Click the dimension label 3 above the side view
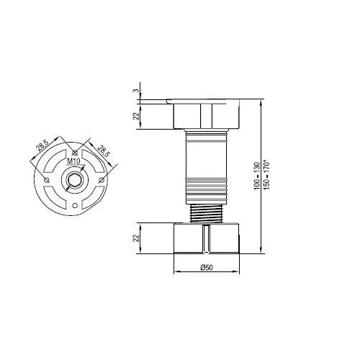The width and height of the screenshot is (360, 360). click(136, 91)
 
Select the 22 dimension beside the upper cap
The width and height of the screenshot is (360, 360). click(136, 116)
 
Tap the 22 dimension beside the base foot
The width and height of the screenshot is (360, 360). click(136, 238)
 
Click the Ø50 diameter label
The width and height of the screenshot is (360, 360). click(207, 267)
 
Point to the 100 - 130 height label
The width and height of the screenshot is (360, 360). click(257, 176)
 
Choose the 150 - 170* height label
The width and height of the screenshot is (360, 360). click(266, 176)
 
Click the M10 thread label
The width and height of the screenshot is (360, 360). click(73, 161)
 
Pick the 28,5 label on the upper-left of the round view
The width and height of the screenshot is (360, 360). click(43, 145)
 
